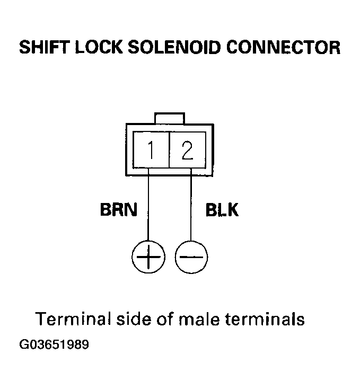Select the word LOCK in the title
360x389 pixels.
pyautogui.click(x=101, y=48)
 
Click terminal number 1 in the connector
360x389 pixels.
pyautogui.click(x=151, y=151)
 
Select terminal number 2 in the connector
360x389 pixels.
pyautogui.click(x=187, y=151)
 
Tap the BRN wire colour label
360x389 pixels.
pyautogui.click(x=118, y=210)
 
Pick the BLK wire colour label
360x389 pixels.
pyautogui.click(x=222, y=210)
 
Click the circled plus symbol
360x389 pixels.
pyautogui.click(x=148, y=258)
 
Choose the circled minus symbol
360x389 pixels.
pyautogui.click(x=191, y=258)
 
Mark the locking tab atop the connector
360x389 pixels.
pyautogui.click(x=169, y=118)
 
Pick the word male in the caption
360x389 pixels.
pyautogui.click(x=201, y=320)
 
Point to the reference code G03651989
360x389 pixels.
pyautogui.click(x=54, y=345)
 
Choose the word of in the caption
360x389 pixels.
pyautogui.click(x=166, y=320)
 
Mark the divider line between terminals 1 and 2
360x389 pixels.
pyautogui.click(x=169, y=151)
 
